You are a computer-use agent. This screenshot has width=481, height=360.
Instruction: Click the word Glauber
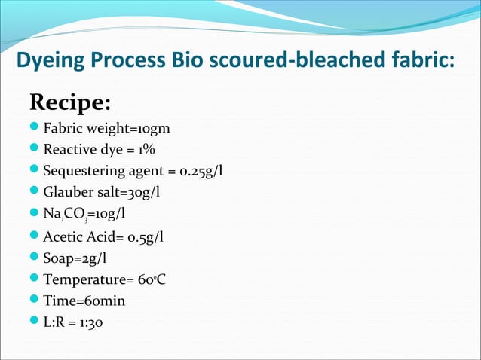point(68,193)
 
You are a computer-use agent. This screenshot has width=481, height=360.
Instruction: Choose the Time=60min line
point(84,301)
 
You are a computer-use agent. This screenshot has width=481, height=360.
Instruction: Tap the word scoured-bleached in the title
point(299,59)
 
